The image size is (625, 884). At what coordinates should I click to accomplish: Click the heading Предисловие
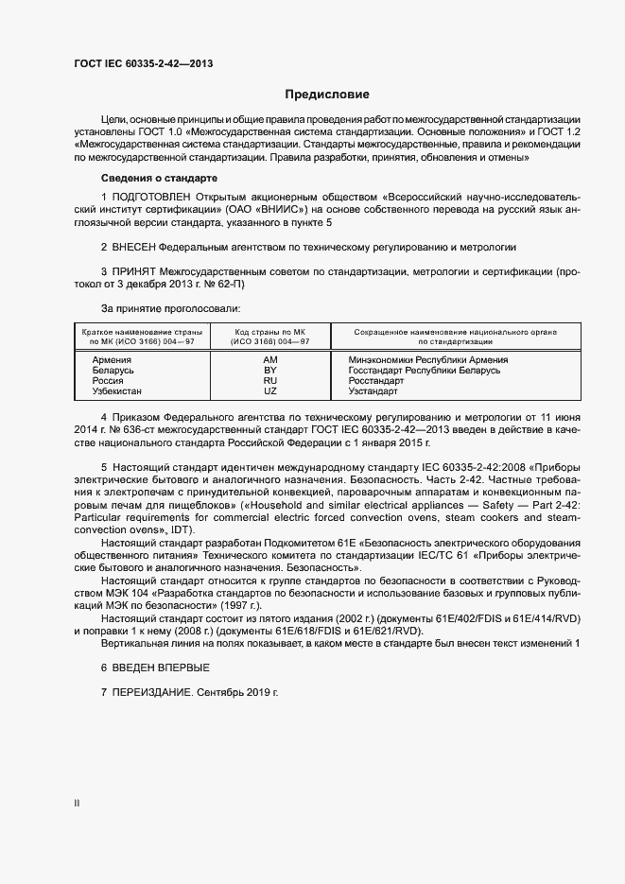(x=327, y=95)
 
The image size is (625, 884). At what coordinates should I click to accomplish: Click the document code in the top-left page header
(x=143, y=63)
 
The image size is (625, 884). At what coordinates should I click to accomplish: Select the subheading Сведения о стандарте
(x=159, y=178)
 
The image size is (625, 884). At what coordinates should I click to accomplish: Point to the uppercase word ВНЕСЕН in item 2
(x=134, y=247)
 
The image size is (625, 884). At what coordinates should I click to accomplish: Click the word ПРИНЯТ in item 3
(x=136, y=271)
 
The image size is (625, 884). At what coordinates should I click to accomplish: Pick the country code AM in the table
(x=270, y=360)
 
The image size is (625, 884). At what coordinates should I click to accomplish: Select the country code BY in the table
(x=270, y=371)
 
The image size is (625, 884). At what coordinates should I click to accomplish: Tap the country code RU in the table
(x=270, y=380)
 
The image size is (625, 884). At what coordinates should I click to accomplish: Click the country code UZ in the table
(x=270, y=390)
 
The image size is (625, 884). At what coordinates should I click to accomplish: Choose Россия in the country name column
(x=109, y=380)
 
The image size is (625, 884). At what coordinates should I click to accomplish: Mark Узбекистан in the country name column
(x=117, y=390)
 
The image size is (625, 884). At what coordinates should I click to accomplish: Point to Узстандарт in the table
(x=373, y=390)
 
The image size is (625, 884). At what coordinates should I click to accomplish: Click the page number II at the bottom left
(x=77, y=804)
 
